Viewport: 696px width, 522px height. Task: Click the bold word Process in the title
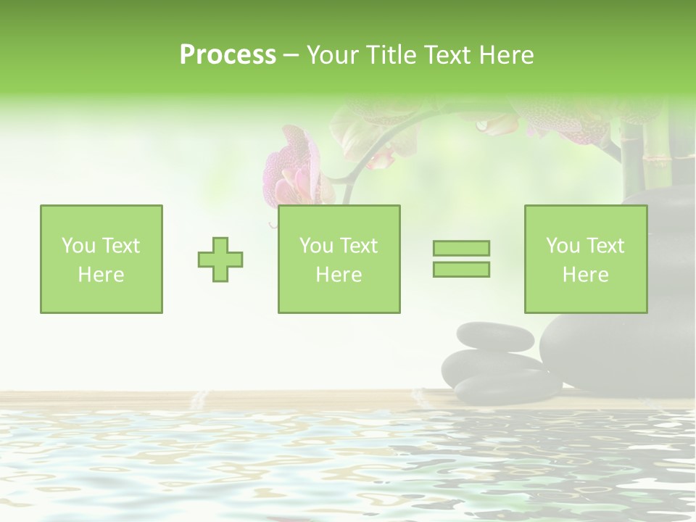(x=228, y=55)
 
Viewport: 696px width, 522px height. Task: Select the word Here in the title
(x=506, y=55)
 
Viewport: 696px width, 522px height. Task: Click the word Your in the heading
(x=331, y=55)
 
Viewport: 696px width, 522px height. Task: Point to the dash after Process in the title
(x=291, y=56)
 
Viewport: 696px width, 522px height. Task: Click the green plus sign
(x=220, y=260)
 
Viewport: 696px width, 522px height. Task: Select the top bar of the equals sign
(x=461, y=248)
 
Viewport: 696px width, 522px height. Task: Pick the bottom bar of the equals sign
(x=461, y=269)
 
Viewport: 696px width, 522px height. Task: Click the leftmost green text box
(x=101, y=259)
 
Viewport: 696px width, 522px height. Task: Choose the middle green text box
(x=339, y=259)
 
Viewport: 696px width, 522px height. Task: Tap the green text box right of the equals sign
(x=585, y=259)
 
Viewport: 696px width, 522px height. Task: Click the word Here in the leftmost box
(x=101, y=275)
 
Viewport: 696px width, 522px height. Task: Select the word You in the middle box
(x=316, y=246)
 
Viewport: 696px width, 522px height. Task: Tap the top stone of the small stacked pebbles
(x=496, y=337)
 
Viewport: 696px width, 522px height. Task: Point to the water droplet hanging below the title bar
(x=482, y=125)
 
